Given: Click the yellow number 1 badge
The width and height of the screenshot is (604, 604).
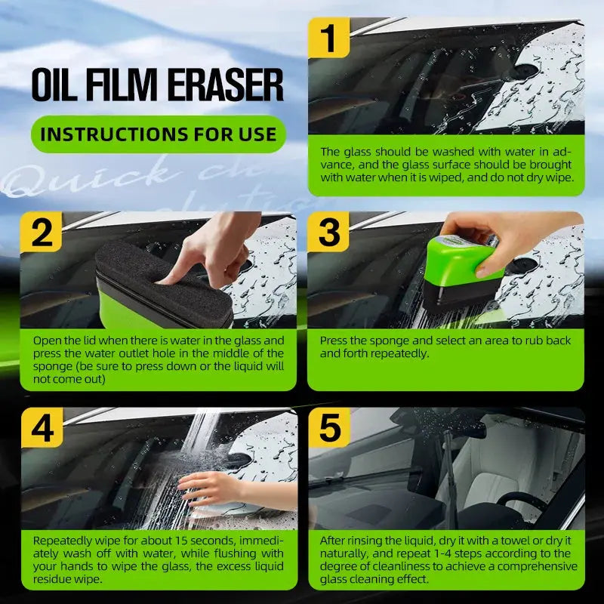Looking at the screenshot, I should click(x=329, y=38).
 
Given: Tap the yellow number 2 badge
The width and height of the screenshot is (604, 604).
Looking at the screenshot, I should click(x=42, y=233).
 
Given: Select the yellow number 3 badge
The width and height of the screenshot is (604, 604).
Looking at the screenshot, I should click(x=329, y=233).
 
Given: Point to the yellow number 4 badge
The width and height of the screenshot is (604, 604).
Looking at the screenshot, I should click(x=42, y=429).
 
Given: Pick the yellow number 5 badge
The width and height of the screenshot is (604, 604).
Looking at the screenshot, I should click(x=329, y=429).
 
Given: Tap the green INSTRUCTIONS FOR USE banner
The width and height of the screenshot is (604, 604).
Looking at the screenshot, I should click(x=158, y=135).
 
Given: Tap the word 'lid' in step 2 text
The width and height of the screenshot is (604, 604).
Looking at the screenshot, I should click(x=85, y=341).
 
